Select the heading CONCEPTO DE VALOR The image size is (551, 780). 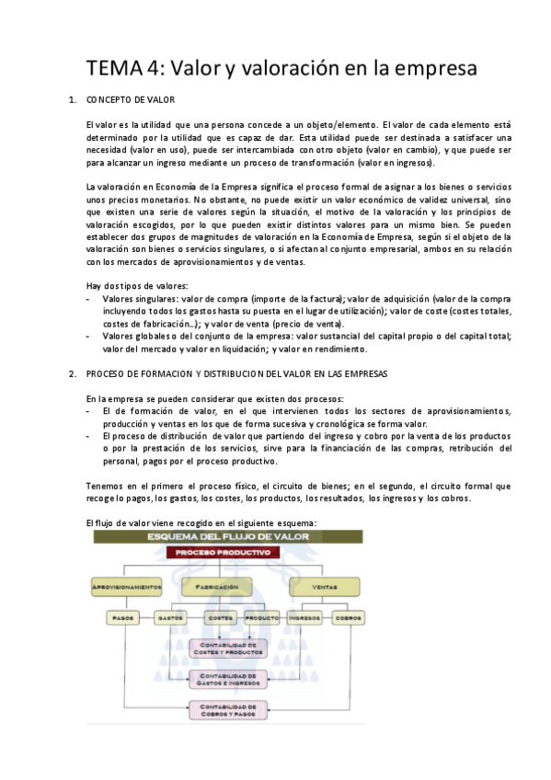point(130,99)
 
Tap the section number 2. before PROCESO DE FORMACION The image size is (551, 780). point(73,374)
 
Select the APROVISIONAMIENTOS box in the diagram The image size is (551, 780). point(128,586)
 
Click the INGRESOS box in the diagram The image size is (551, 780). point(304,617)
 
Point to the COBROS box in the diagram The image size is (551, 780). point(348,617)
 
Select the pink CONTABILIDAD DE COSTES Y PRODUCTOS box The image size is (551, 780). point(227,648)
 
